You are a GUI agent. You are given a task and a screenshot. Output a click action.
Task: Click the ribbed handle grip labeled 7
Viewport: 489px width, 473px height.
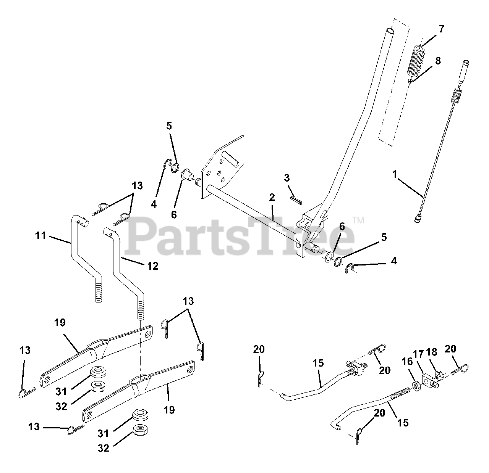coord(417,61)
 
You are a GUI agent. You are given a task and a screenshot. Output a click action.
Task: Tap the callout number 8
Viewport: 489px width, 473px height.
coord(438,61)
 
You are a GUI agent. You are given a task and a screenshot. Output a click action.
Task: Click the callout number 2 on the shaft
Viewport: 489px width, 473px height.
coord(272,198)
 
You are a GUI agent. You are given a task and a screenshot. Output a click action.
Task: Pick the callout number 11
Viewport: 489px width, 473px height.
coord(40,236)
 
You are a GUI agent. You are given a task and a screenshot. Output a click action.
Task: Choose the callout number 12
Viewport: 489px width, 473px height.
coord(153,266)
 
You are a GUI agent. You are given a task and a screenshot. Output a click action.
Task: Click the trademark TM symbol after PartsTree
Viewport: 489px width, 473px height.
coord(358,220)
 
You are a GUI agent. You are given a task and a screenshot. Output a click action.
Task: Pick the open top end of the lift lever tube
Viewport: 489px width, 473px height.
coord(390,30)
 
